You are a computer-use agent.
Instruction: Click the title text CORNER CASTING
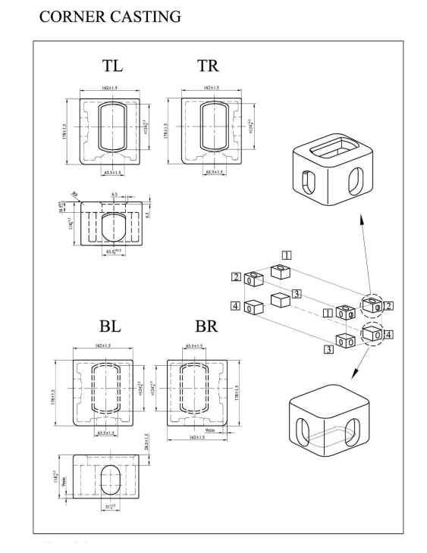point(107,16)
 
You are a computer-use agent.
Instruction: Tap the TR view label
point(208,66)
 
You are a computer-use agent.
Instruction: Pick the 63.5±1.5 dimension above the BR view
point(196,347)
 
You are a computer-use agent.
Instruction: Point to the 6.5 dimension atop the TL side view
point(113,195)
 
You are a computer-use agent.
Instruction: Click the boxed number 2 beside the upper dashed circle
point(388,305)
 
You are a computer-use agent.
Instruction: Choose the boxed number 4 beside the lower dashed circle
point(388,333)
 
